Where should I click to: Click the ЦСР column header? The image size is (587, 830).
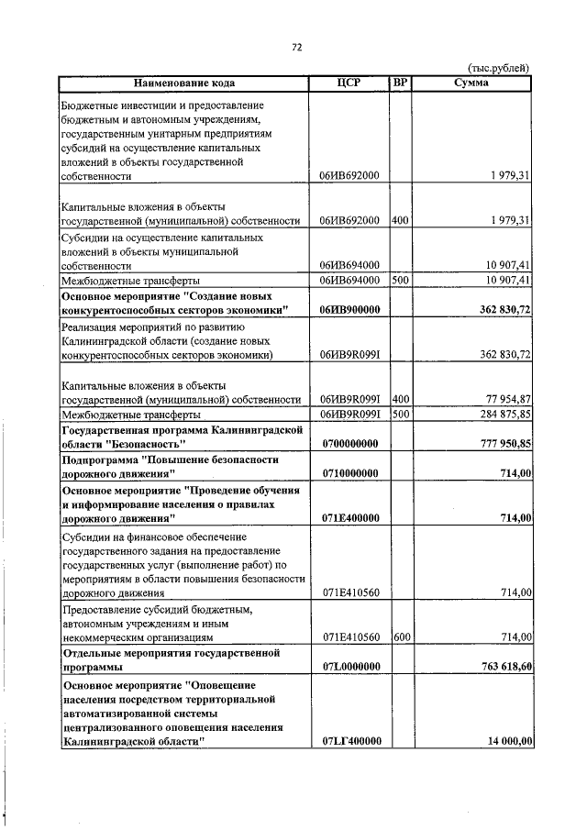pyautogui.click(x=349, y=83)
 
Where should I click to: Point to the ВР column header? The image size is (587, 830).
pyautogui.click(x=400, y=83)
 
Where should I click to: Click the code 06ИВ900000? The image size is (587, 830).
pyautogui.click(x=350, y=311)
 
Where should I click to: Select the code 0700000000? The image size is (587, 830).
pyautogui.click(x=350, y=444)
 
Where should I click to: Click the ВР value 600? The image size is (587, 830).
pyautogui.click(x=400, y=636)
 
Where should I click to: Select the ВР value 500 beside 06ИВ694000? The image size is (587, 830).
pyautogui.click(x=400, y=280)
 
